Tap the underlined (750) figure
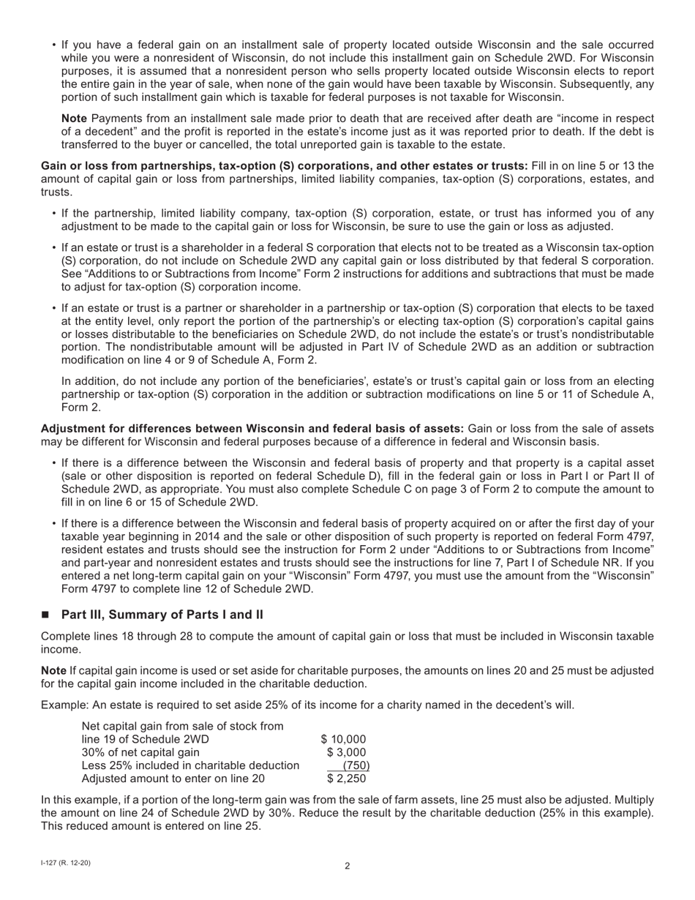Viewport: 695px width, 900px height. (x=356, y=765)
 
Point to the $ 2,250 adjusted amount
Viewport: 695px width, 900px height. (x=346, y=779)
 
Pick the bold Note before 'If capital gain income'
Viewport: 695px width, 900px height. (x=53, y=670)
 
